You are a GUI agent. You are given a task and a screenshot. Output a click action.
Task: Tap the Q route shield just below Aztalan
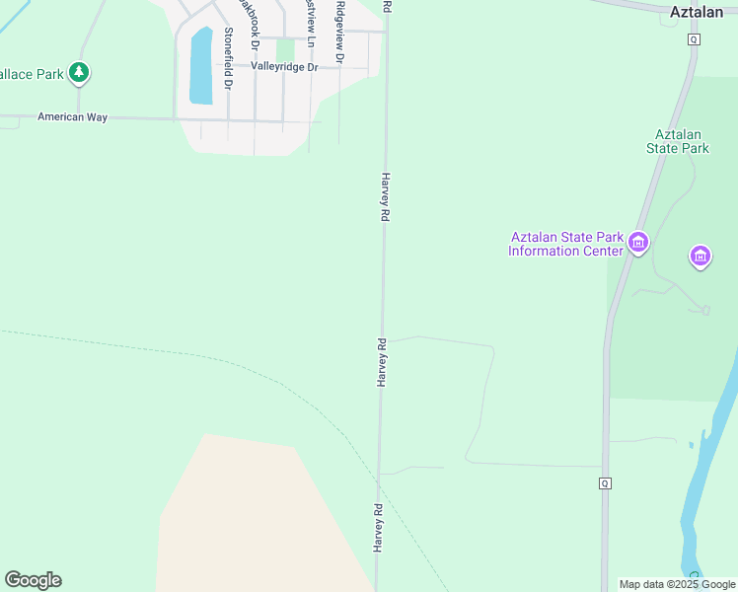[x=694, y=39]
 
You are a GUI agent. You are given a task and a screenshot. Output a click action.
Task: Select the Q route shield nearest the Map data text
[x=604, y=482]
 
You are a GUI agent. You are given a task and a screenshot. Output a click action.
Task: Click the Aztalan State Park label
[x=678, y=141]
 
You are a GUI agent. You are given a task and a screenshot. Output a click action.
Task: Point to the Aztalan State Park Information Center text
[x=566, y=244]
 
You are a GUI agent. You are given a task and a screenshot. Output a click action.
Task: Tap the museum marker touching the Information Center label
[x=637, y=242]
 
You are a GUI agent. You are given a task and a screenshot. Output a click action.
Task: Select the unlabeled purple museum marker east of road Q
[x=701, y=257]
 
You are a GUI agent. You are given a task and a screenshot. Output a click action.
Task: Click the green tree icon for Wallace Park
[x=79, y=72]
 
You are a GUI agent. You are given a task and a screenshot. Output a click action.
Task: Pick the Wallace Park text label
[x=30, y=73]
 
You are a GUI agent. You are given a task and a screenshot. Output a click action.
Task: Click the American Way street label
[x=71, y=116]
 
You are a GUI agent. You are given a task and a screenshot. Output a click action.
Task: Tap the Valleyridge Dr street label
[x=284, y=67]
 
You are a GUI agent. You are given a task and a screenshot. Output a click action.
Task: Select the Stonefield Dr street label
[x=228, y=58]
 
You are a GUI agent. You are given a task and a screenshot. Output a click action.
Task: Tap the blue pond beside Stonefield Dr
[x=200, y=66]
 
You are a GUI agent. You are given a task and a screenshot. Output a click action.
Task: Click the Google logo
[x=33, y=580]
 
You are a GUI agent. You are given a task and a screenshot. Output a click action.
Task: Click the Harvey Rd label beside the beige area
[x=377, y=528]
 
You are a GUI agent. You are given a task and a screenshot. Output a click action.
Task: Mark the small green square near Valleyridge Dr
[x=285, y=49]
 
